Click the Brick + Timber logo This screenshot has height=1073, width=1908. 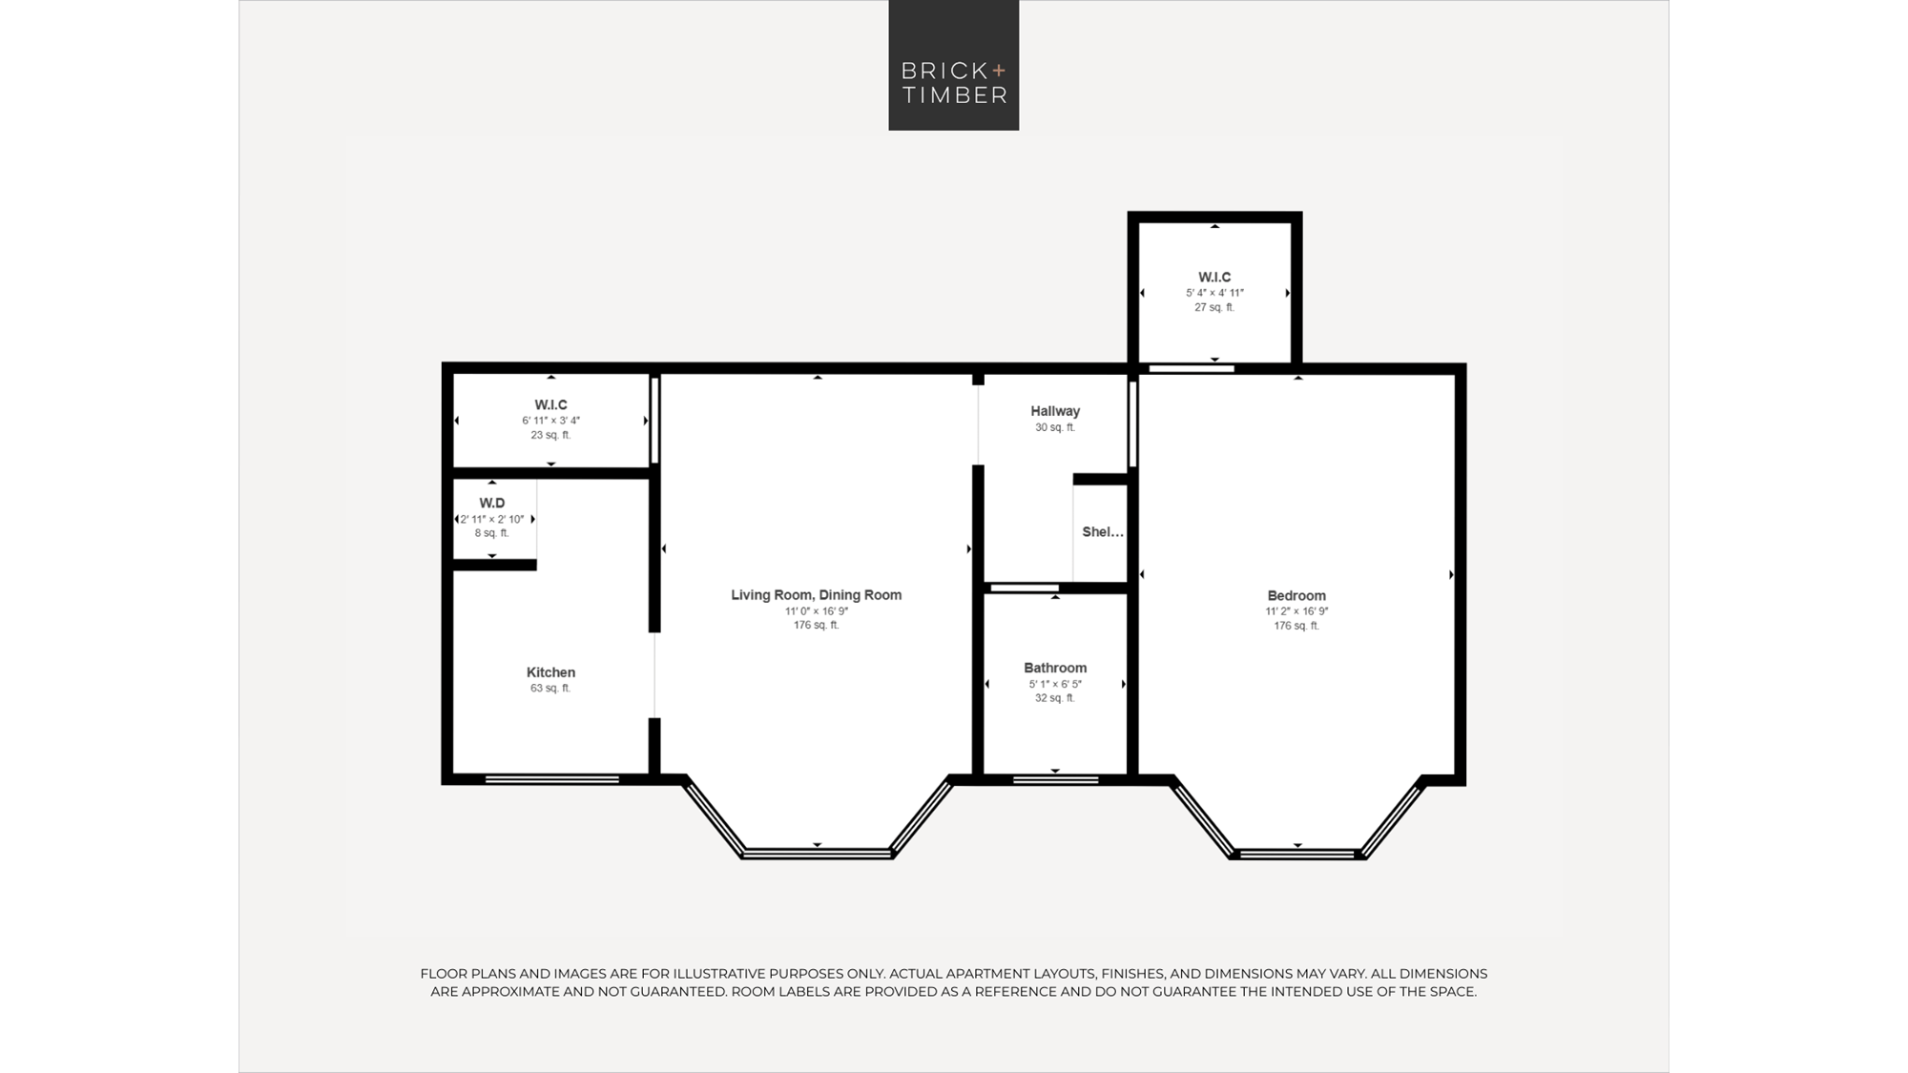[953, 65]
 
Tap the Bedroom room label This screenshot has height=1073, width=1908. [1296, 596]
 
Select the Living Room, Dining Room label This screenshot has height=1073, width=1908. [816, 595]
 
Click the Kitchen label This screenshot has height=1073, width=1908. [550, 672]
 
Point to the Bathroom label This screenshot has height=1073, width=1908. [1055, 668]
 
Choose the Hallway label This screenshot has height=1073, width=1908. [1055, 411]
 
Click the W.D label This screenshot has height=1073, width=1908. [492, 503]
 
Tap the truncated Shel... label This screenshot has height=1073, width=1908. [1103, 532]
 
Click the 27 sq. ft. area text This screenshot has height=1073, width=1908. [1214, 307]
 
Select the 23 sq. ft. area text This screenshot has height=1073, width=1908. [550, 435]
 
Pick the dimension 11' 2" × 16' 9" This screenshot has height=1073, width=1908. [1296, 611]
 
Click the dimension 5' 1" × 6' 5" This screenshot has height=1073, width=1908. [1055, 684]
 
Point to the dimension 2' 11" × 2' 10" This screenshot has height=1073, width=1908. [492, 519]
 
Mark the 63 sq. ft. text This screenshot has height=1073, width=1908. [550, 688]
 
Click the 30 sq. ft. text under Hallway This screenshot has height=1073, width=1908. [1055, 427]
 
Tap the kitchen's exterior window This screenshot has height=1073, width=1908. [552, 779]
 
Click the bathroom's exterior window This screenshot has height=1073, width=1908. [1055, 779]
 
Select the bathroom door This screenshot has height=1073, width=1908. [1024, 588]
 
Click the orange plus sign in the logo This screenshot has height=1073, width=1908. [999, 71]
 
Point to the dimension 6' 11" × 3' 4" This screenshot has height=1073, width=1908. [550, 421]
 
